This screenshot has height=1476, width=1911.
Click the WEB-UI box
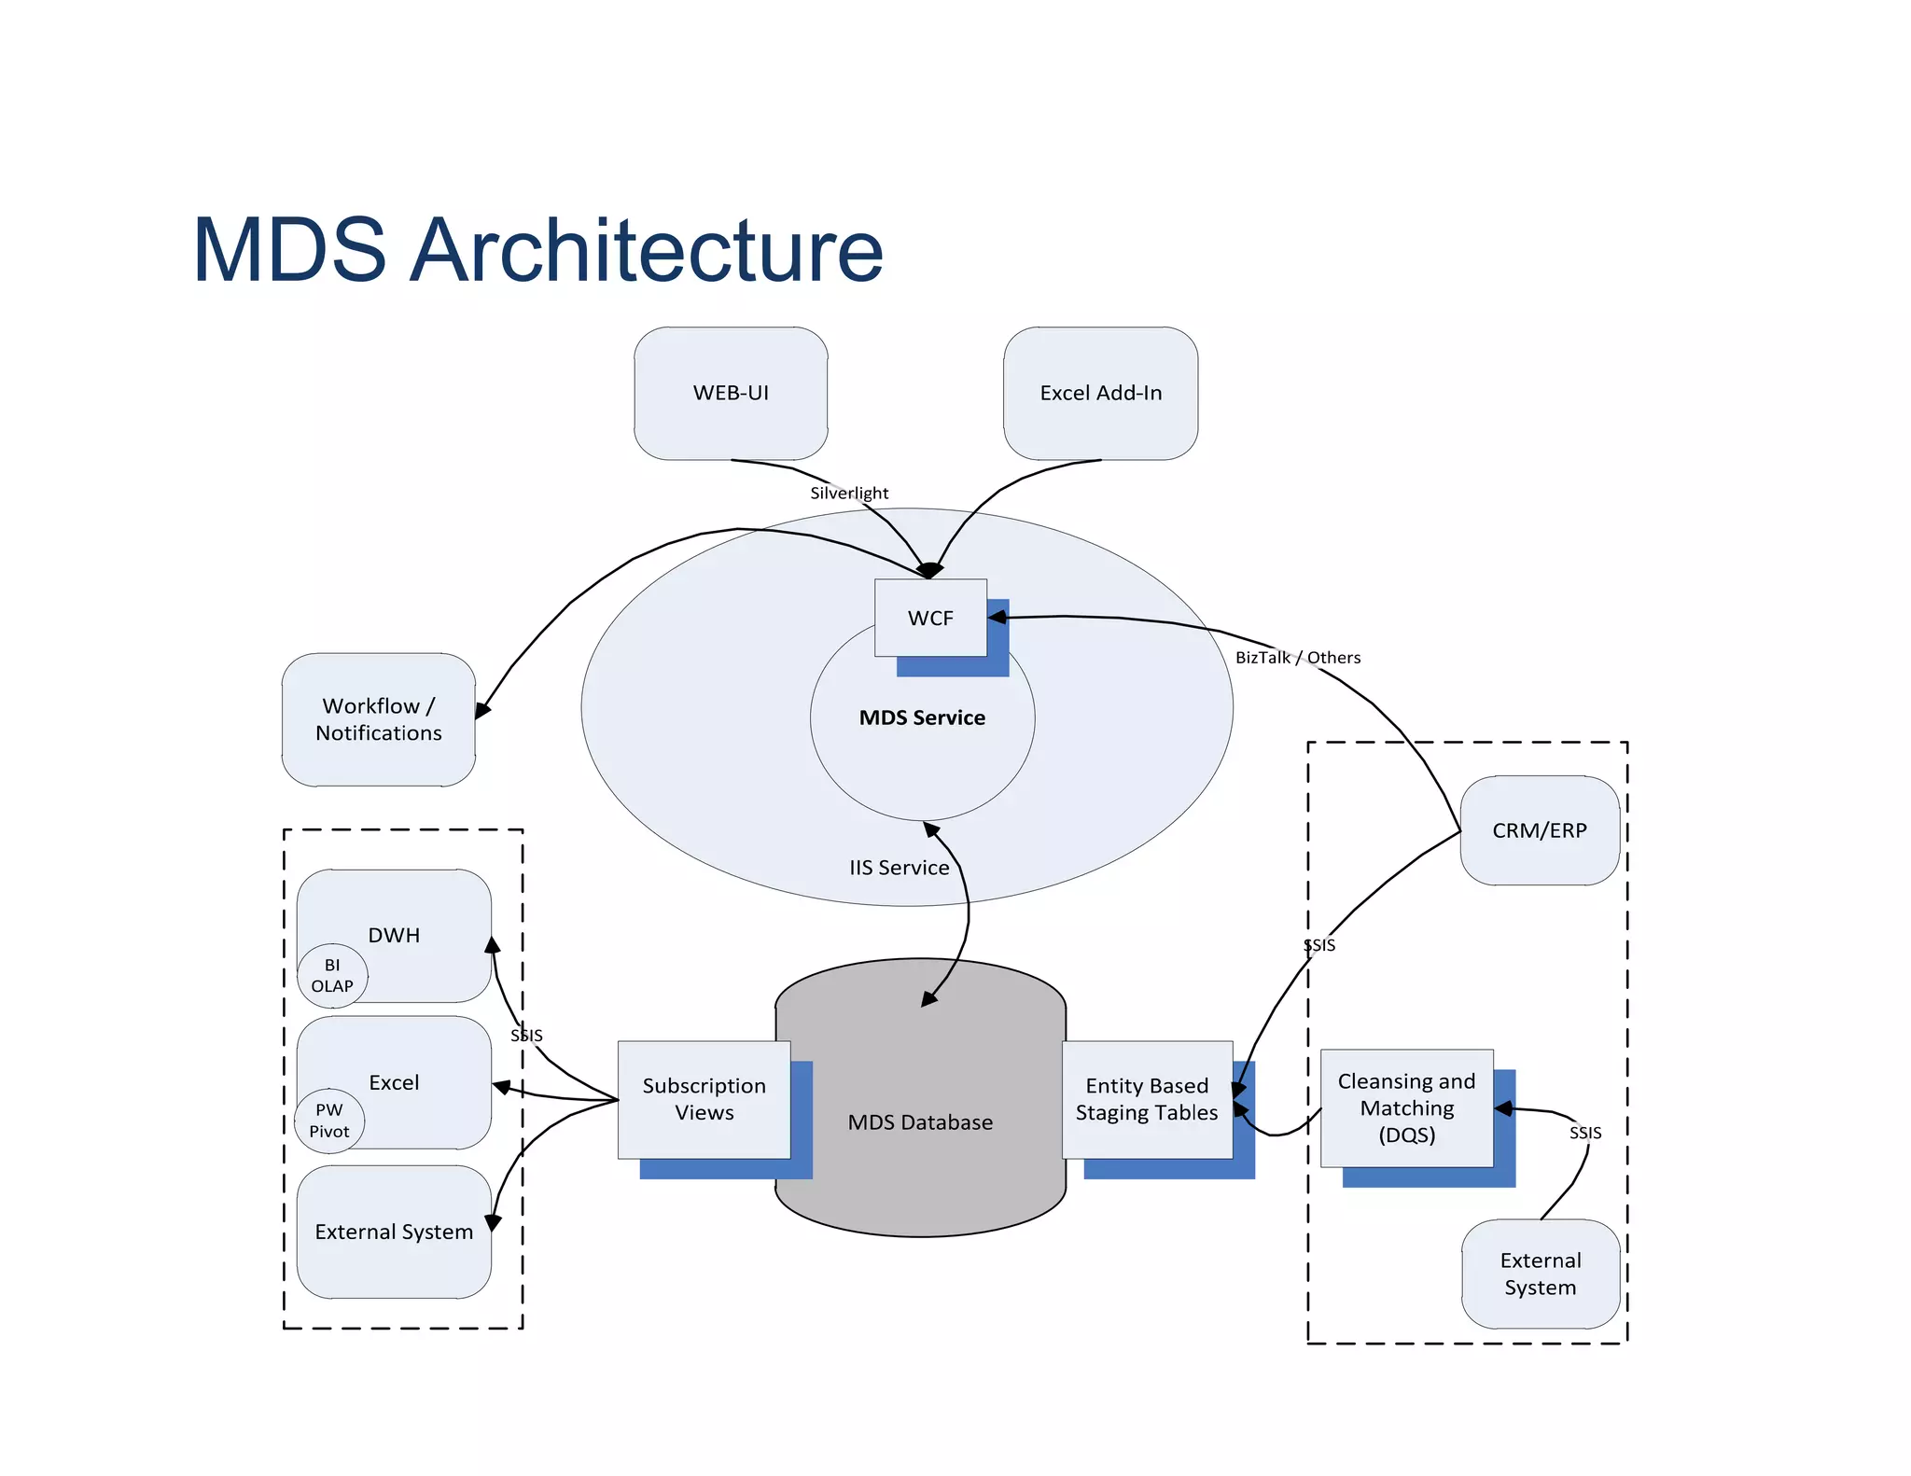pyautogui.click(x=731, y=393)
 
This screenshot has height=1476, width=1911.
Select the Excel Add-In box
pyautogui.click(x=1100, y=393)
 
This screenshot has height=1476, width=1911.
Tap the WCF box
pyautogui.click(x=930, y=618)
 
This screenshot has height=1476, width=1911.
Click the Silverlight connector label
pyautogui.click(x=849, y=493)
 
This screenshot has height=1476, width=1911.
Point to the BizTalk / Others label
pyautogui.click(x=1298, y=657)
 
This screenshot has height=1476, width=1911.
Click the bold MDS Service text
pyautogui.click(x=922, y=717)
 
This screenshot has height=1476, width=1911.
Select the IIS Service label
pyautogui.click(x=899, y=868)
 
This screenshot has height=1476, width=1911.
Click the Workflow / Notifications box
pyautogui.click(x=379, y=719)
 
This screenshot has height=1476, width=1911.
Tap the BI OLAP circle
pyautogui.click(x=332, y=976)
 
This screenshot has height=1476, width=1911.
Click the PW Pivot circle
pyautogui.click(x=329, y=1121)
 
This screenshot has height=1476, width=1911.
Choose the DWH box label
pyautogui.click(x=394, y=935)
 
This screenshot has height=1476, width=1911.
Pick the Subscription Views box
pyautogui.click(x=704, y=1099)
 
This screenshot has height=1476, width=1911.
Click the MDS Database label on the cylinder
pyautogui.click(x=920, y=1122)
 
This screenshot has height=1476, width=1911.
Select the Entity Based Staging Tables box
pyautogui.click(x=1147, y=1099)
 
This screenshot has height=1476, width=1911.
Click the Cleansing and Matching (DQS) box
pyautogui.click(x=1406, y=1107)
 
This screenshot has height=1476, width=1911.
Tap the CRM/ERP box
pyautogui.click(x=1540, y=830)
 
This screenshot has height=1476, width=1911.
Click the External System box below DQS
pyautogui.click(x=1541, y=1274)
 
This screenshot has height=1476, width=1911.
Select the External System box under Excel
pyautogui.click(x=394, y=1232)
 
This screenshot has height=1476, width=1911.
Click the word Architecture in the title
pyautogui.click(x=646, y=250)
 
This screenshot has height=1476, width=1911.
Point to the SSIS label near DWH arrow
pyautogui.click(x=526, y=1036)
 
